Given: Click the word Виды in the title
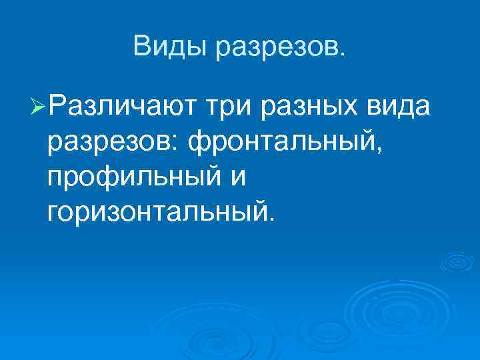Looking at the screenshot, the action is point(169,46).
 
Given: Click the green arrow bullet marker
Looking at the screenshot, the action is point(38,107).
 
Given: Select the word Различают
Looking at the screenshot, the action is point(121,105).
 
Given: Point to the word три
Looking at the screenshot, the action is point(231,108).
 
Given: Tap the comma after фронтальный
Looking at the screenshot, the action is point(379,151).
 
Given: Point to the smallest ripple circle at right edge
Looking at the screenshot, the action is point(458,262).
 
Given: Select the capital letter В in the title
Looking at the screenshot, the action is point(141,46).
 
